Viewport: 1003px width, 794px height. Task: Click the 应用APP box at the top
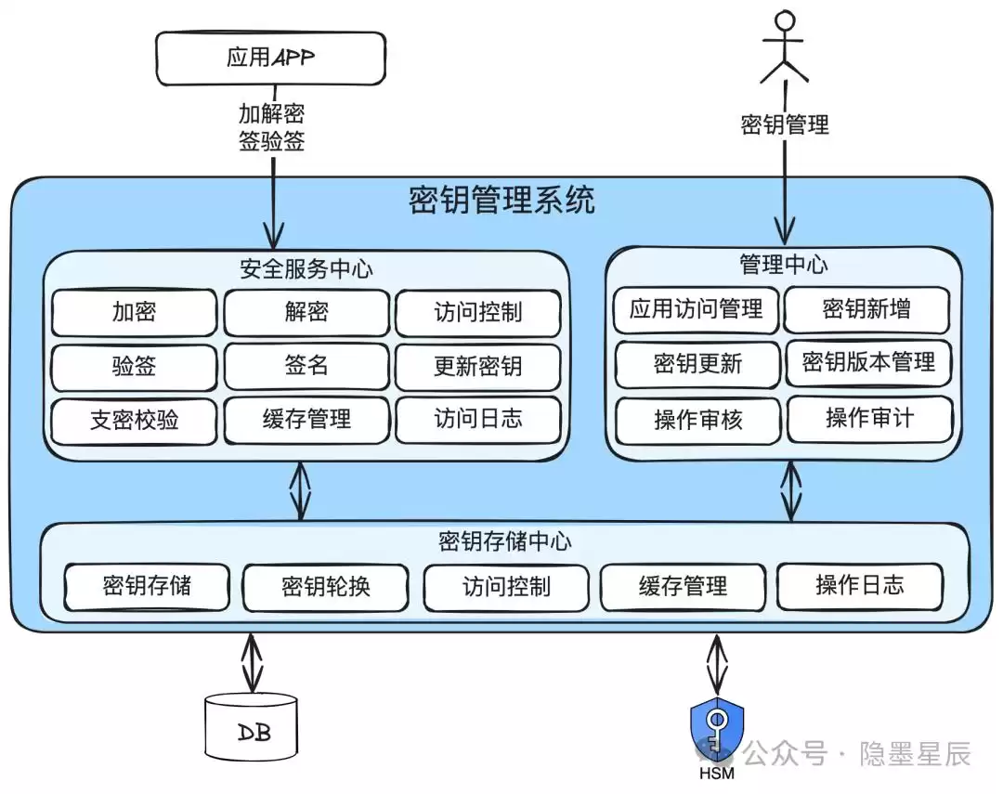pos(270,58)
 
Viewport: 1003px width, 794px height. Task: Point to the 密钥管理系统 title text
pos(501,200)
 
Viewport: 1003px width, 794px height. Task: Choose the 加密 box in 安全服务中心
pos(135,312)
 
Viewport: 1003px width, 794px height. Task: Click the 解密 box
pos(306,312)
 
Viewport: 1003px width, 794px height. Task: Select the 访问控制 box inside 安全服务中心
pos(478,313)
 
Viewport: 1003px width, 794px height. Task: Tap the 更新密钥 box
pos(478,367)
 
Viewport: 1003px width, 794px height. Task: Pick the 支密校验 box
pos(135,421)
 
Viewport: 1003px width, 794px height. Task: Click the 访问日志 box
pos(478,420)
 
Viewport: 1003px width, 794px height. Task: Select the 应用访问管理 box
pos(696,309)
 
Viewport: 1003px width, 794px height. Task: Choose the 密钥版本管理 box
pos(868,363)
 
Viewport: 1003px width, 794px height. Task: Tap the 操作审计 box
pos(869,419)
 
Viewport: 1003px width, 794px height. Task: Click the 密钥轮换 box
pos(325,587)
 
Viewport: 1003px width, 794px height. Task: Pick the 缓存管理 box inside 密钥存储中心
pos(683,587)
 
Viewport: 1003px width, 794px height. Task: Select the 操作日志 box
pos(859,585)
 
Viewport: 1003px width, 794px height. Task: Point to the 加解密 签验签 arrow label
pos(271,128)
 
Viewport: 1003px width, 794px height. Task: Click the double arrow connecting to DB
pos(251,661)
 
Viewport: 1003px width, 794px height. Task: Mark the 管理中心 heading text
pos(783,265)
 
